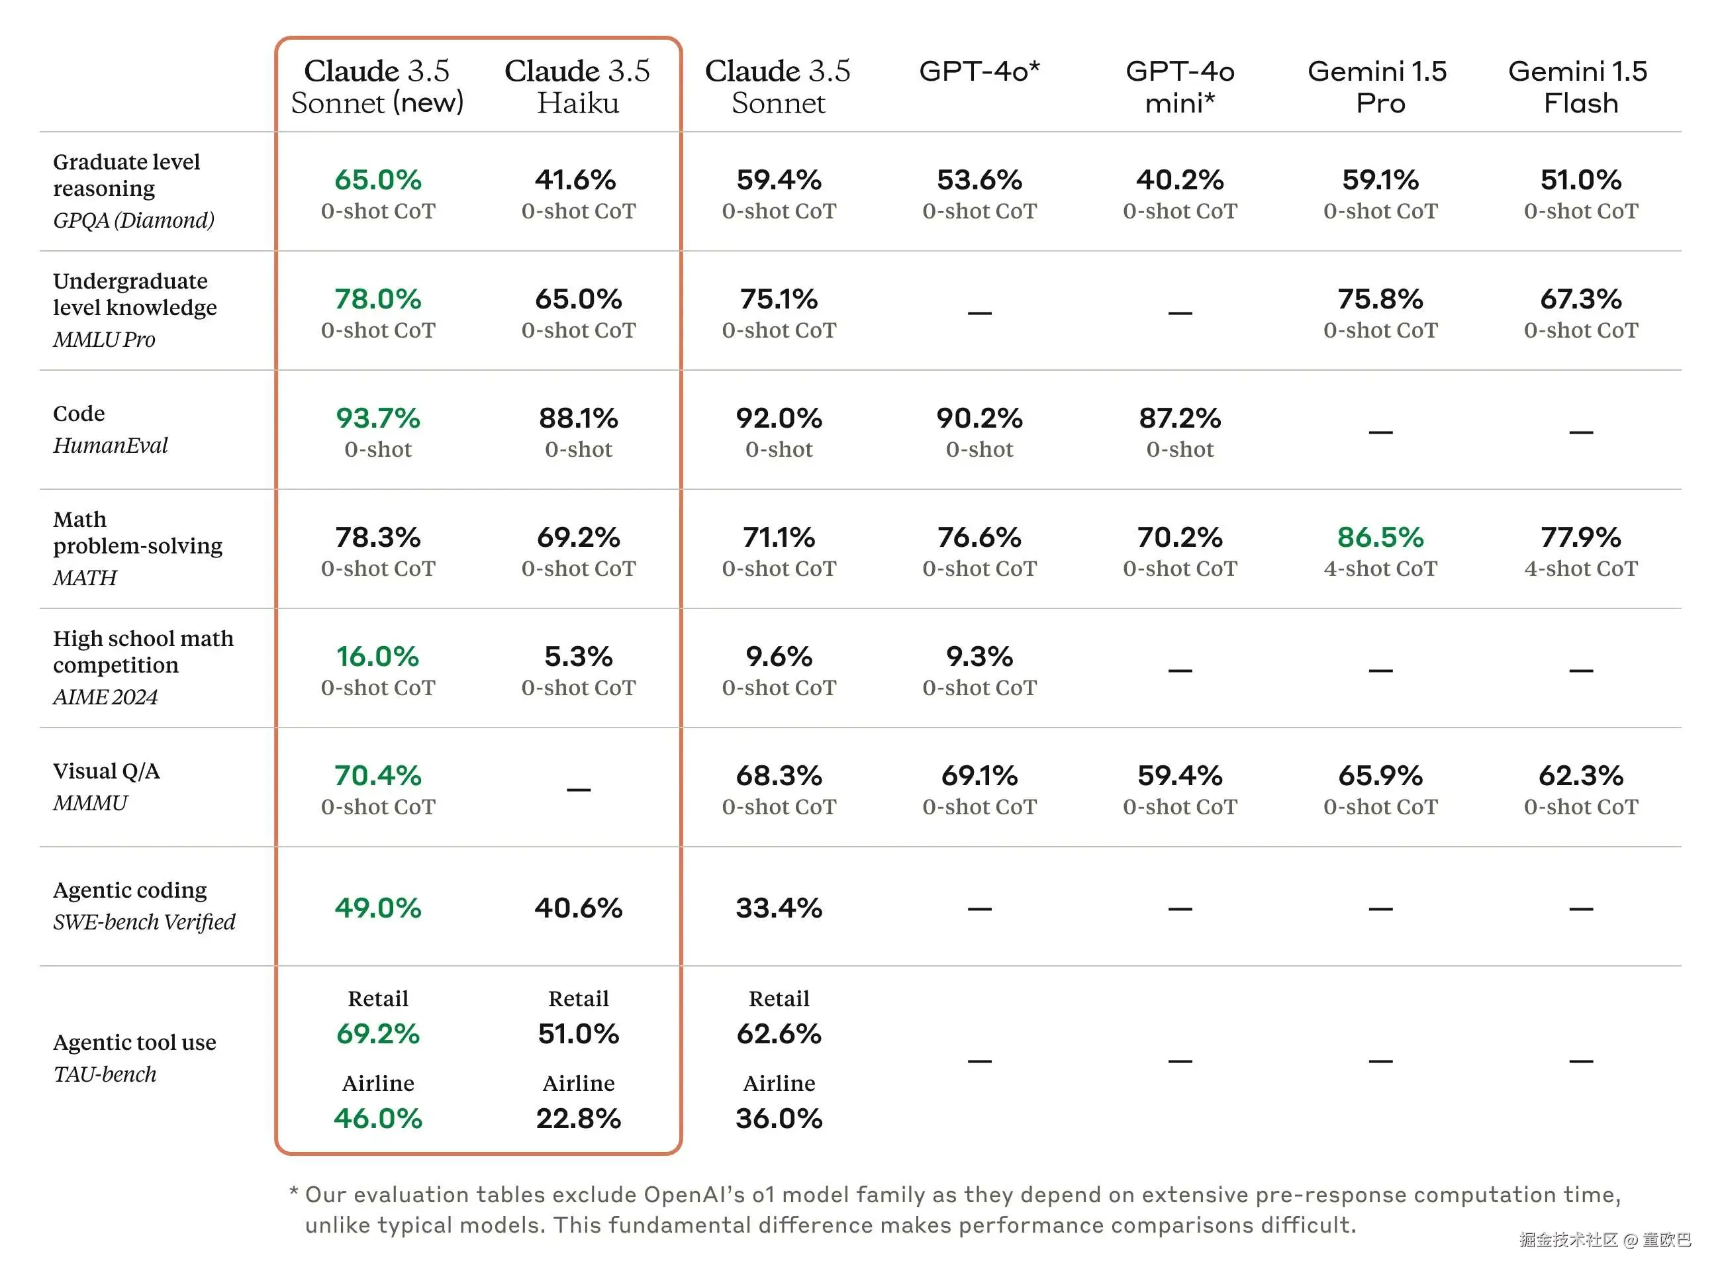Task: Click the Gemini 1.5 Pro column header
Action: [1380, 87]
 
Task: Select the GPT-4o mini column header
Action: [1179, 87]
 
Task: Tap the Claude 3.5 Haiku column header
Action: [577, 87]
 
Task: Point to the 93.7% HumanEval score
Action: [378, 418]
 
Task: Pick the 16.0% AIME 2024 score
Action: [378, 657]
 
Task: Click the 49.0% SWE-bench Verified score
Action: [378, 908]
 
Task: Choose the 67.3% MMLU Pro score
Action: [1580, 299]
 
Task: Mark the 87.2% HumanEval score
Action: [1179, 418]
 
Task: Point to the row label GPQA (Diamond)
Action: [133, 220]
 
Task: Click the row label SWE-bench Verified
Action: [144, 922]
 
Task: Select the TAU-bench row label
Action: [105, 1074]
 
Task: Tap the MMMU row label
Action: [90, 803]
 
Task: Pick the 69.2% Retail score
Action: [378, 1033]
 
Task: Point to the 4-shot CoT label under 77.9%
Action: [1580, 568]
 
